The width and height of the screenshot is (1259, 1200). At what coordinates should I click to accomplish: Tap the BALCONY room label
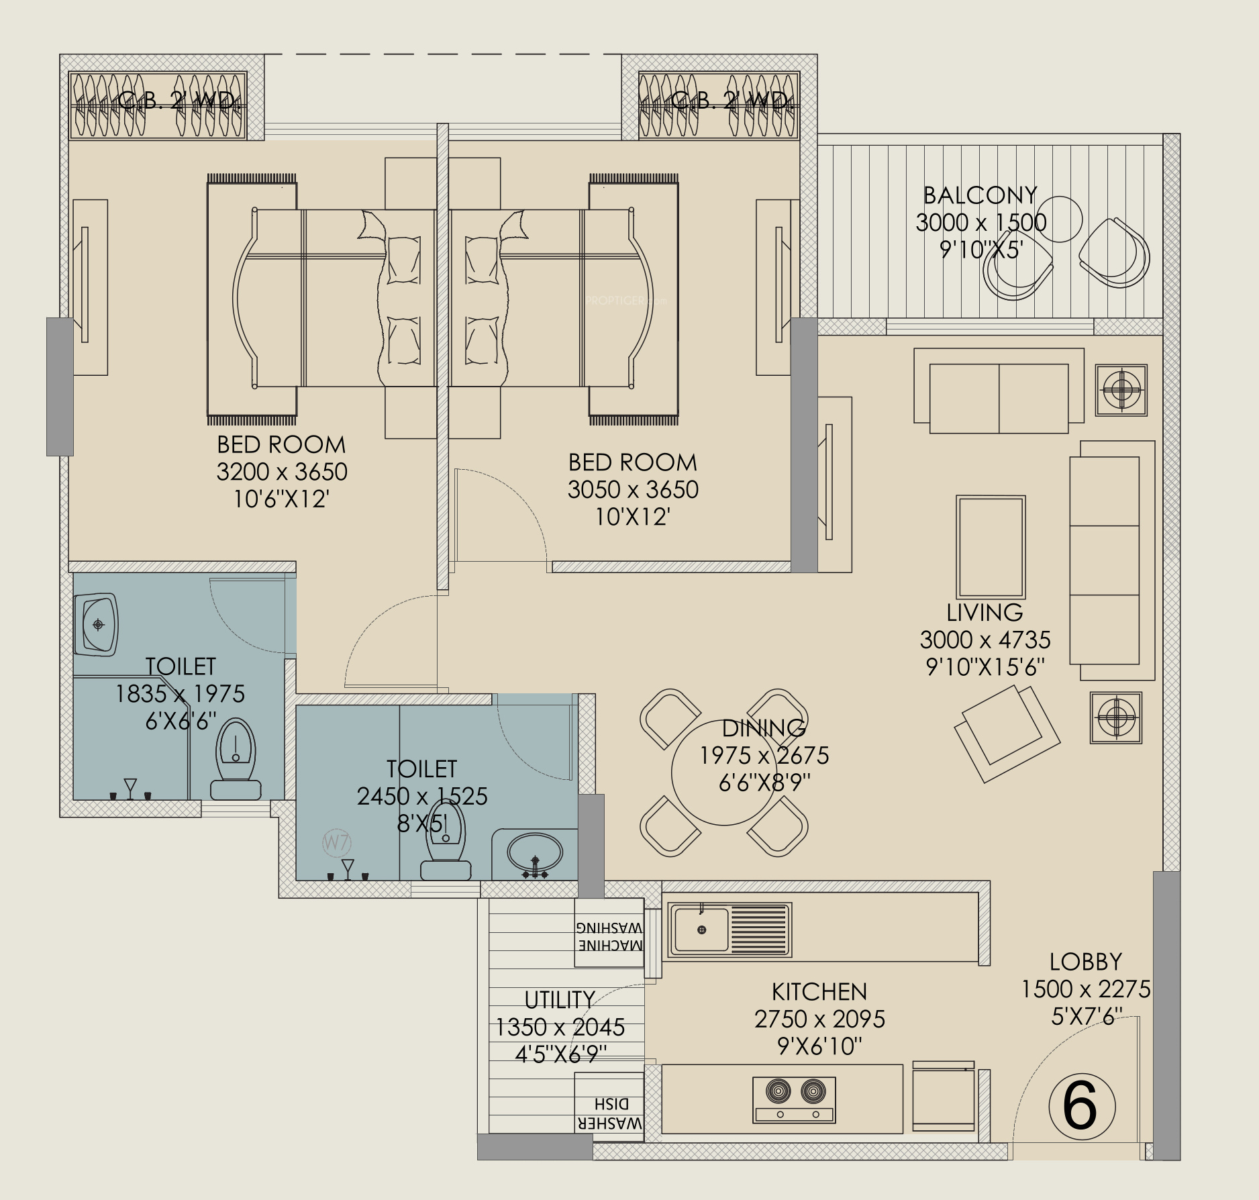click(x=980, y=195)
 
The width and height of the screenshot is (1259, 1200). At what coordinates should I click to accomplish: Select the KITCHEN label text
click(x=819, y=991)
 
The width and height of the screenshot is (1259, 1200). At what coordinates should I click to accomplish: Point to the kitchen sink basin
click(x=701, y=930)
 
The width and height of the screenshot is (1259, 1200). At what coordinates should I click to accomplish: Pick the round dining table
click(x=723, y=772)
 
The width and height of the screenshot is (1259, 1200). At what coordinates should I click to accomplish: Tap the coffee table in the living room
click(x=991, y=547)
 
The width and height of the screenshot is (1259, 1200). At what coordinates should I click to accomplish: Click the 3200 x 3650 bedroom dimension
click(x=282, y=472)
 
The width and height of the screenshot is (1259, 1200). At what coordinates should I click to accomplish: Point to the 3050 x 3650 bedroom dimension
click(x=633, y=490)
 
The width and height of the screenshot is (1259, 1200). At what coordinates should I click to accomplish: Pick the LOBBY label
click(x=1086, y=962)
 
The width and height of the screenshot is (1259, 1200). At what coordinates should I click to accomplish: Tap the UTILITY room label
click(x=560, y=1000)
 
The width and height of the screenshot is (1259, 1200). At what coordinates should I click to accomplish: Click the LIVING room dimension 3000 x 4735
click(x=985, y=640)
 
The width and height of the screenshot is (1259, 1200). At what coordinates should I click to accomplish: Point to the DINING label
click(x=764, y=728)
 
